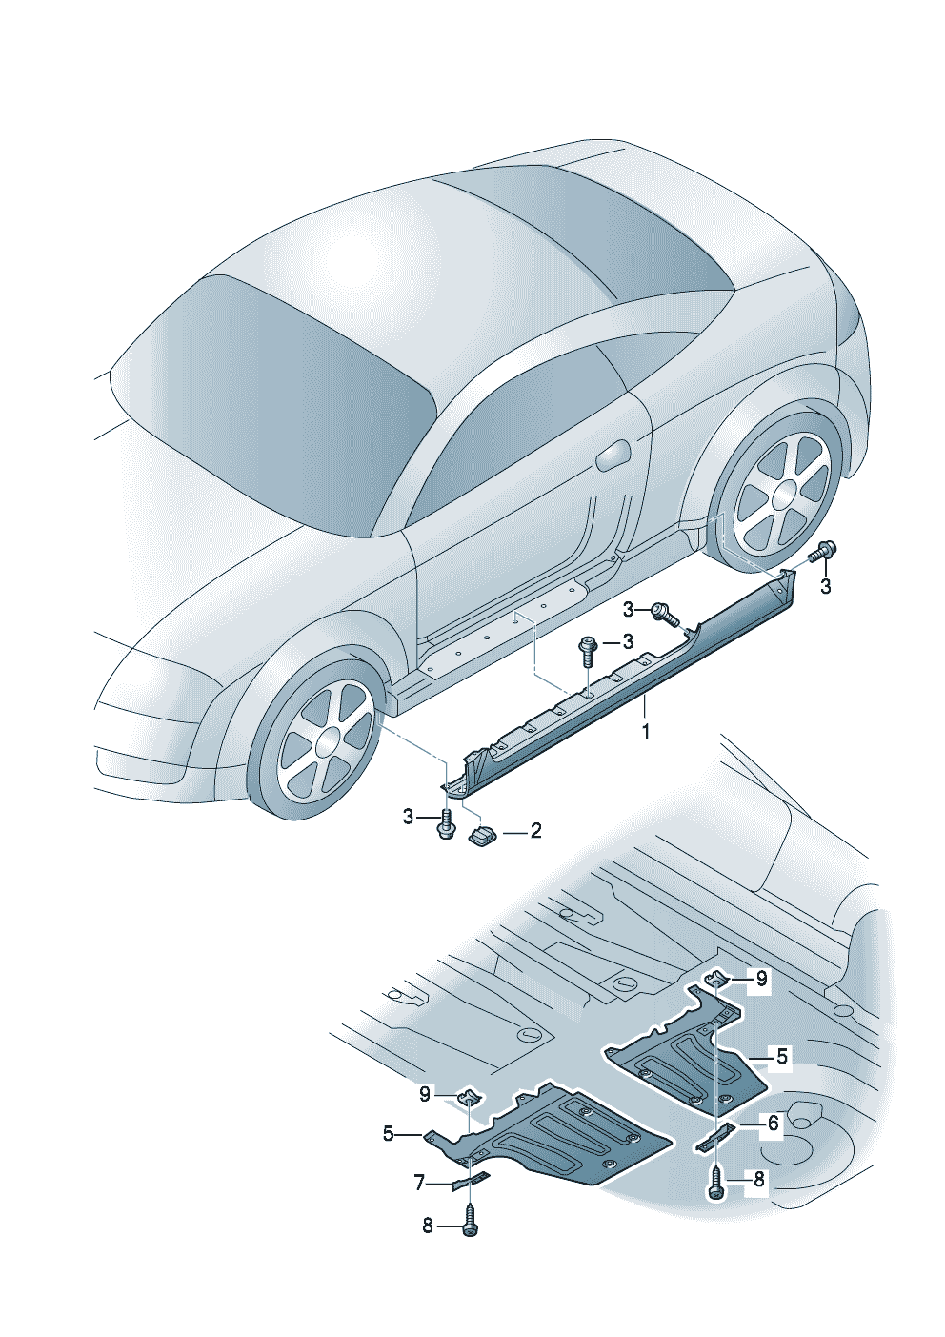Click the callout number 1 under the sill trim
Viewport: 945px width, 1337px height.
tap(646, 731)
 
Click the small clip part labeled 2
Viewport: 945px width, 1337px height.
tap(482, 835)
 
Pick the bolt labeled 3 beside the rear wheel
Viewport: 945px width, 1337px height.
tap(824, 552)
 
